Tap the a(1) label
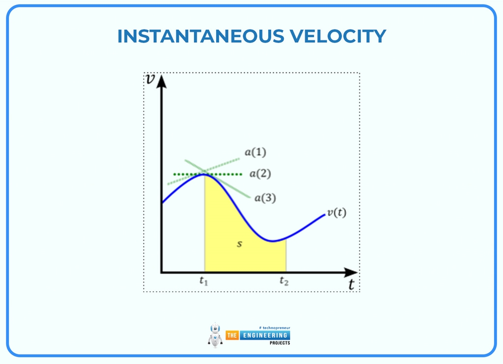point(255,152)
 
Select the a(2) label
point(260,174)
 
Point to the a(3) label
point(265,198)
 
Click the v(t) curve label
point(336,213)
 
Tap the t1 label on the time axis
point(203,281)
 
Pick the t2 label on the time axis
point(284,281)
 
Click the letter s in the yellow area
point(239,244)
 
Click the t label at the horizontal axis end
point(352,284)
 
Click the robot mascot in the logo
point(215,335)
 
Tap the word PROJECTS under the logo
point(279,343)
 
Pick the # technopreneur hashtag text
point(274,328)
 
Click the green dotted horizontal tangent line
point(226,174)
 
